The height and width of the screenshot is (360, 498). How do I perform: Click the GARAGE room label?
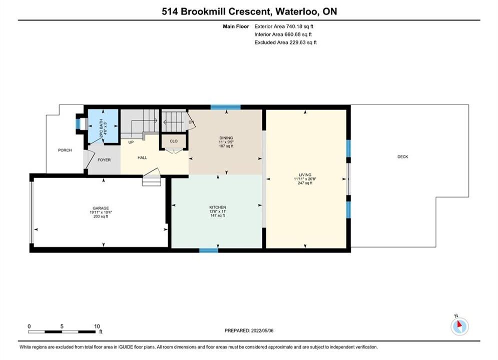point(101,208)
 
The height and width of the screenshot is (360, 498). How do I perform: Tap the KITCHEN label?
point(218,207)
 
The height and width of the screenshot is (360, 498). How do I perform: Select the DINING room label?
point(226,138)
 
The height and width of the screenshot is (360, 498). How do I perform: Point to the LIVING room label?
point(305,175)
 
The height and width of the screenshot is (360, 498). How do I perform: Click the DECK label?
point(403,156)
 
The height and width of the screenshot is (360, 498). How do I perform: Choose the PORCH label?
point(65,150)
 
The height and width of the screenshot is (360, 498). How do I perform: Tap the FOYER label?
point(104,160)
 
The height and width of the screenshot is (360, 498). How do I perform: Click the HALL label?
point(142,157)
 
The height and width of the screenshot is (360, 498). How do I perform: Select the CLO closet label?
point(173,141)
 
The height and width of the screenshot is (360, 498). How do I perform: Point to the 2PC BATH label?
point(101,128)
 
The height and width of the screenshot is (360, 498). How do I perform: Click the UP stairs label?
point(131,142)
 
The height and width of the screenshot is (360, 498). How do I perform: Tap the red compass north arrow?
point(459,324)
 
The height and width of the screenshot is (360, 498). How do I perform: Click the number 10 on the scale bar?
point(97,326)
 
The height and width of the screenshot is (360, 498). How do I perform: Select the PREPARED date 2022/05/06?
point(262,330)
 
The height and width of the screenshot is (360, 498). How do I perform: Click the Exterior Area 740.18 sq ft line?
point(284,26)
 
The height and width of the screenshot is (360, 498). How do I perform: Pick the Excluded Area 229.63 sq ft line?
point(285,42)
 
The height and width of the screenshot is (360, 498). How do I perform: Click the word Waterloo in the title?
point(297,11)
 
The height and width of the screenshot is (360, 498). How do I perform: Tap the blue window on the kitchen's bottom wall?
point(209,250)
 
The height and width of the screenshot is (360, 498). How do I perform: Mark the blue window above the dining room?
point(226,107)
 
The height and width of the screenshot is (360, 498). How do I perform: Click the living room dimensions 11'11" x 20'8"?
point(305,179)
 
